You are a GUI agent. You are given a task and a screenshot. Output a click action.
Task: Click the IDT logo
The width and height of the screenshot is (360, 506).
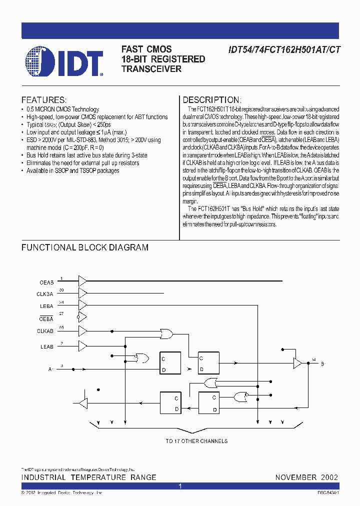coord(64,61)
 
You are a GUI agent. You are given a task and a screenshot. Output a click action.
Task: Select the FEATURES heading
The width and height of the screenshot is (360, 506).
coord(43,100)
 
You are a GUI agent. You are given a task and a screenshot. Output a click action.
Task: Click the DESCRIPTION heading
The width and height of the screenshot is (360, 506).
coord(211,100)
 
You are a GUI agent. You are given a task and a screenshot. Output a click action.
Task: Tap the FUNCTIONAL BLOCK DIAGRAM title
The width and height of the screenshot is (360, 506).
coord(84,247)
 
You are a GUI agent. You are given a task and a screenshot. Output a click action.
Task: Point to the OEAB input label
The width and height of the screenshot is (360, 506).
coord(46,282)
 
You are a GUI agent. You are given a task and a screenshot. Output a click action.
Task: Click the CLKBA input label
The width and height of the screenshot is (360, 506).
coord(45,294)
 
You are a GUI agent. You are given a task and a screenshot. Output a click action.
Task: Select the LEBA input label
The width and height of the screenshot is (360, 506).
coord(46,306)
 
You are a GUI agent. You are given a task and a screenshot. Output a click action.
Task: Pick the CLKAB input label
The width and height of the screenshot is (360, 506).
coord(45,331)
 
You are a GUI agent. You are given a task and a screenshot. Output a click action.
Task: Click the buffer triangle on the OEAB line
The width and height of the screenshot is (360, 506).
coord(82,280)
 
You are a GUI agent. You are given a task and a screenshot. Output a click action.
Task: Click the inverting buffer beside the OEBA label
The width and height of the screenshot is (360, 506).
coord(82,317)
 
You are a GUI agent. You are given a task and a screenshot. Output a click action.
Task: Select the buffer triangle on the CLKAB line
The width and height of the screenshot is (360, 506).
coord(82,330)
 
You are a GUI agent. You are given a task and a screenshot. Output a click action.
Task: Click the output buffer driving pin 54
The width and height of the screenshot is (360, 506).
coord(297,363)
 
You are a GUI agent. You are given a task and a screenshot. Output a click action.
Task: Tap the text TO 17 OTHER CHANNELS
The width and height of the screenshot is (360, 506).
coord(196,441)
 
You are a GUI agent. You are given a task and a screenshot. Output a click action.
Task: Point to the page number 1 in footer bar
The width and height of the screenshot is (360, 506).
coord(180,486)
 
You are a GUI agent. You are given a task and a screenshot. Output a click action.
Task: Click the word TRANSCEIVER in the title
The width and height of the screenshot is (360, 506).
coord(151,69)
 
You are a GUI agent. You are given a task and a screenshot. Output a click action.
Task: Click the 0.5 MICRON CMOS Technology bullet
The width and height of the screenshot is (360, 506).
coord(62,109)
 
